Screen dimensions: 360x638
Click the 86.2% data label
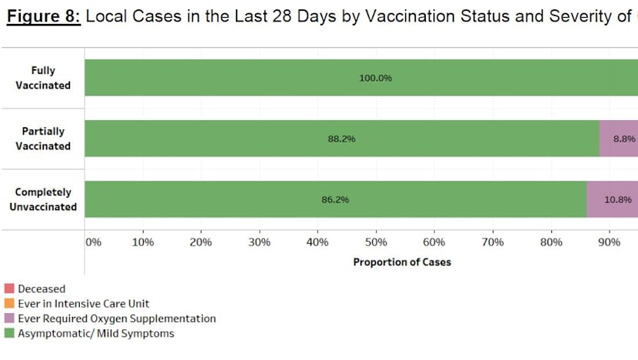point(335,200)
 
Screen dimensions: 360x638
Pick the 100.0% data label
point(375,78)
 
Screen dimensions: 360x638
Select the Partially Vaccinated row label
point(44,138)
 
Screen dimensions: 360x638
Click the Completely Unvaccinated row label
point(44,199)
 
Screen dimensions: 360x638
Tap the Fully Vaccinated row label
point(44,78)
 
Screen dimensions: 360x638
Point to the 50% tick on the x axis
point(376,242)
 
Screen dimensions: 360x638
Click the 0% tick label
point(93,242)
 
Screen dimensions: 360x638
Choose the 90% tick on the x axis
point(609,242)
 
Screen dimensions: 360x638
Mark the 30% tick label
point(260,242)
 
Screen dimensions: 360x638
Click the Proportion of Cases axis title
point(402,262)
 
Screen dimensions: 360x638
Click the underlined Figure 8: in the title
point(45,18)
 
